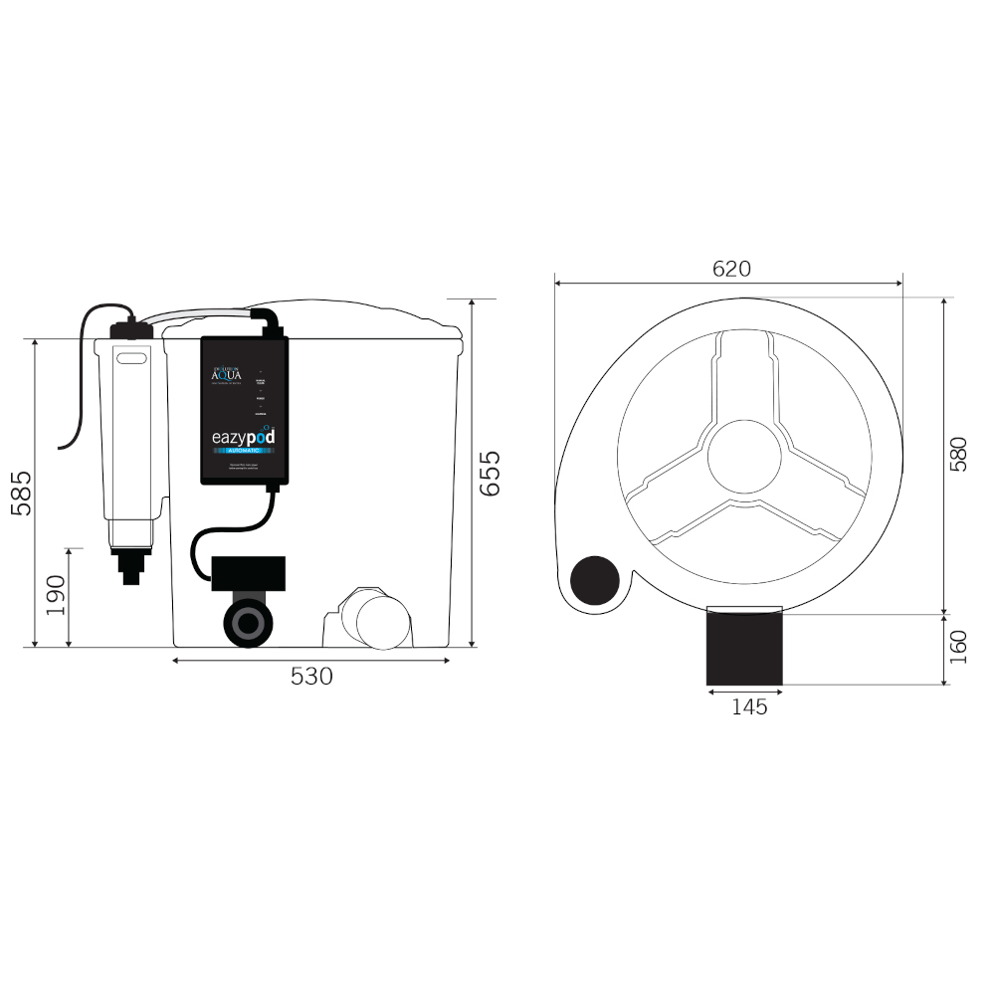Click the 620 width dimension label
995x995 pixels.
coord(731,269)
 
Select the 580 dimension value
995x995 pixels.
coord(958,454)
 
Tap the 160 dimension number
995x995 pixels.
coord(958,649)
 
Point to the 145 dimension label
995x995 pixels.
coord(749,706)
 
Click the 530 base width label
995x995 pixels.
coord(311,677)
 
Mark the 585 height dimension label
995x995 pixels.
coord(21,493)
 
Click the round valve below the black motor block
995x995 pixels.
coord(245,623)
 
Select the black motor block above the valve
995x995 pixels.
coord(248,575)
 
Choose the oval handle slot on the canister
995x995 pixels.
coord(129,356)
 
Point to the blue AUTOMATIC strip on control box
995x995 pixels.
coord(244,452)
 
